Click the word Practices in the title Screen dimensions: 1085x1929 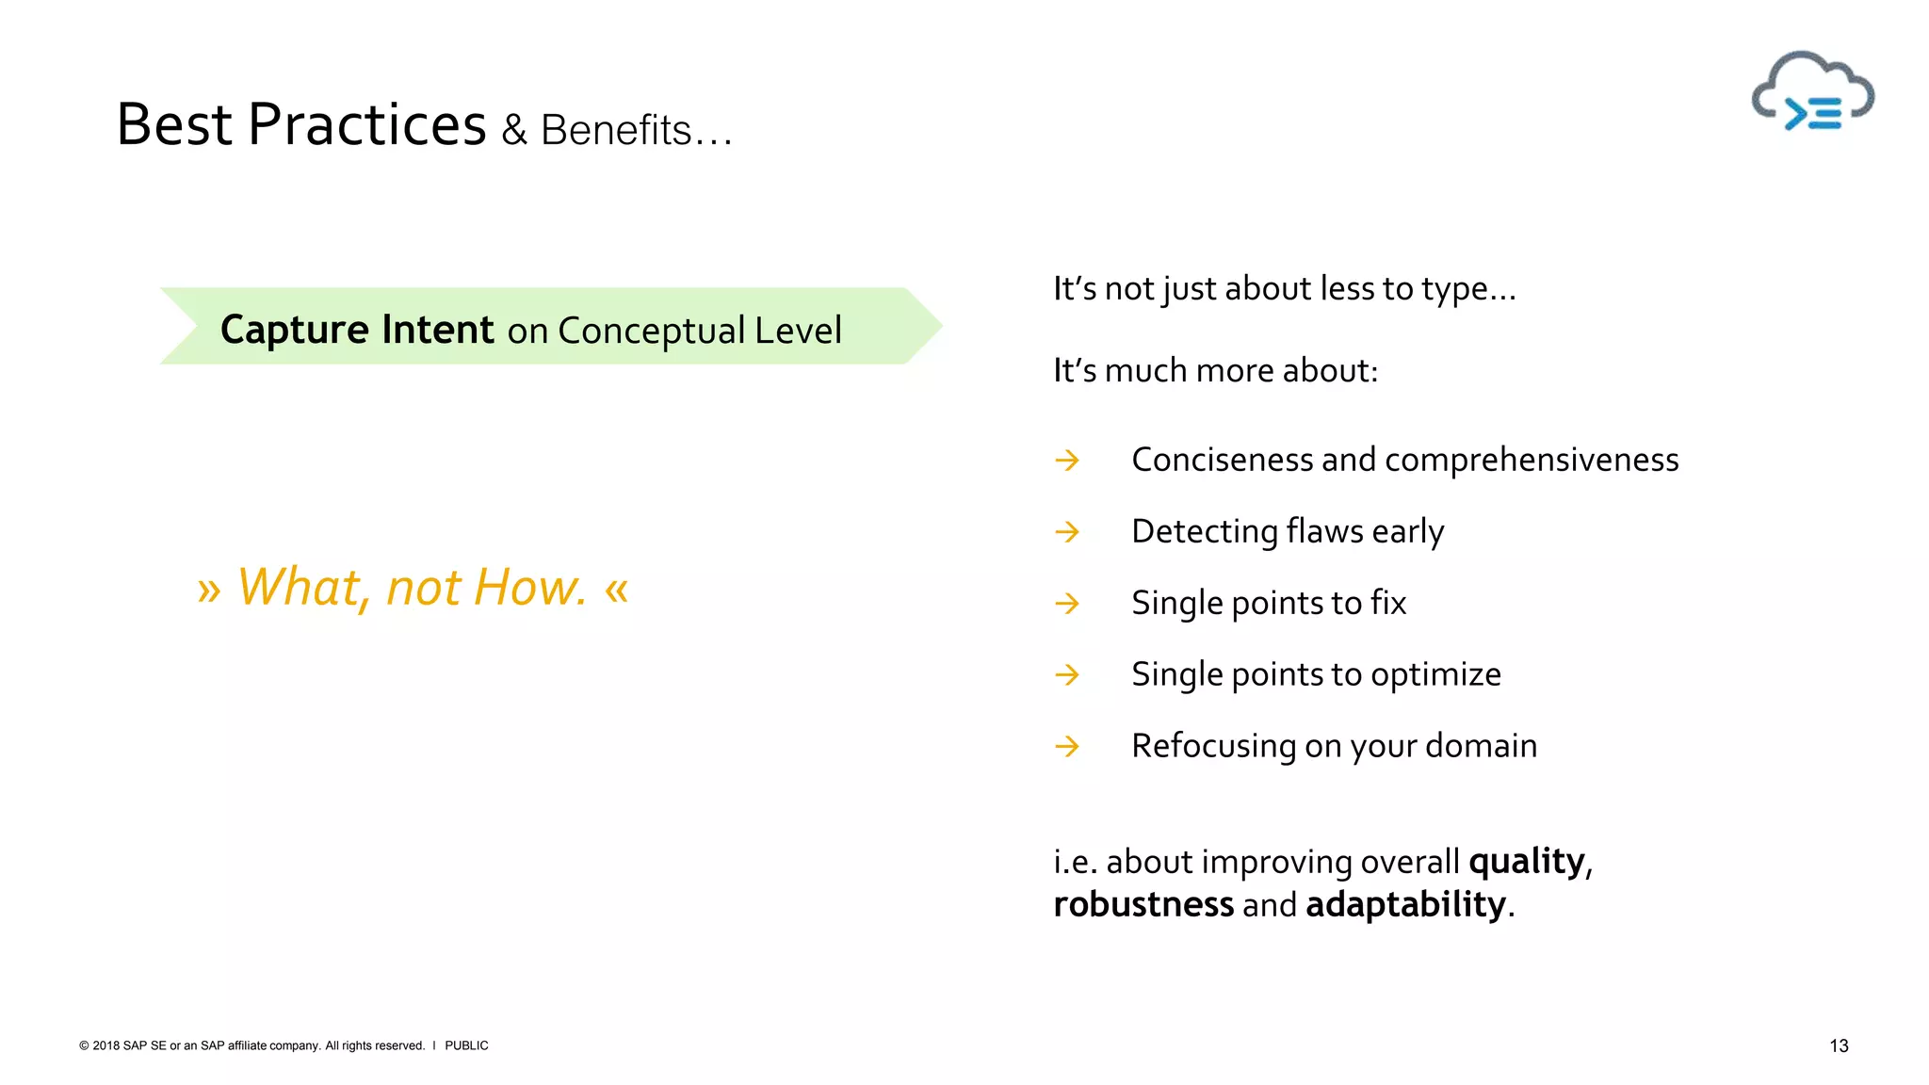pyautogui.click(x=366, y=124)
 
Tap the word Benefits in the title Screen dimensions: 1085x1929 pyautogui.click(x=616, y=131)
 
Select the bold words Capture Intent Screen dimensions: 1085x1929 pyautogui.click(x=357, y=330)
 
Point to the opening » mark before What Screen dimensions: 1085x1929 pyautogui.click(x=209, y=591)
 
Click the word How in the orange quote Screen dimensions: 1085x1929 pyautogui.click(x=529, y=587)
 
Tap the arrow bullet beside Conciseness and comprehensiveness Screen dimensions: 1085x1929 pyautogui.click(x=1067, y=461)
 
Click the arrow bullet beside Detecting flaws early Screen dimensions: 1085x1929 pyautogui.click(x=1067, y=532)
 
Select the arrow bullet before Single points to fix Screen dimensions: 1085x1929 pyautogui.click(x=1067, y=604)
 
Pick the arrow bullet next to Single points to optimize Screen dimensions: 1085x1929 pyautogui.click(x=1067, y=675)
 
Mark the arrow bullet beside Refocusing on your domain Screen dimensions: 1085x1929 pyautogui.click(x=1067, y=747)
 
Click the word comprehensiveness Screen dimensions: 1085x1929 pyautogui.click(x=1532, y=461)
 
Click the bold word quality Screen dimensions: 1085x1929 pyautogui.click(x=1526, y=862)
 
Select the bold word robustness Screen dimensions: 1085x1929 pyautogui.click(x=1143, y=905)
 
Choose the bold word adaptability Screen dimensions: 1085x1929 pyautogui.click(x=1405, y=905)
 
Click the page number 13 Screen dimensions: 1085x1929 pyautogui.click(x=1839, y=1045)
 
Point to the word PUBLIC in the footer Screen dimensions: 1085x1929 pyautogui.click(x=466, y=1045)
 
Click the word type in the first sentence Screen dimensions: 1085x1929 pyautogui.click(x=1454, y=290)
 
